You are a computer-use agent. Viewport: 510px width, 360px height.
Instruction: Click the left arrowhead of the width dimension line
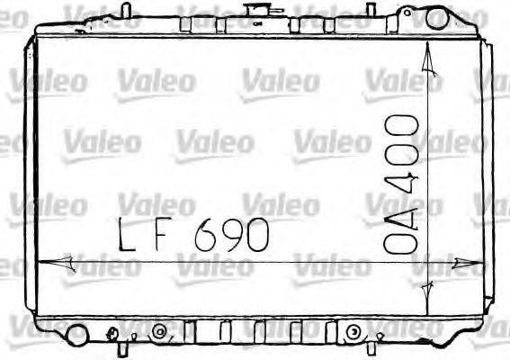pos(48,262)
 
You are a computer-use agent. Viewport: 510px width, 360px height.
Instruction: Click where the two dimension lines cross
pos(429,262)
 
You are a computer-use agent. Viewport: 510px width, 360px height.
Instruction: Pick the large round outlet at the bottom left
pos(77,335)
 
